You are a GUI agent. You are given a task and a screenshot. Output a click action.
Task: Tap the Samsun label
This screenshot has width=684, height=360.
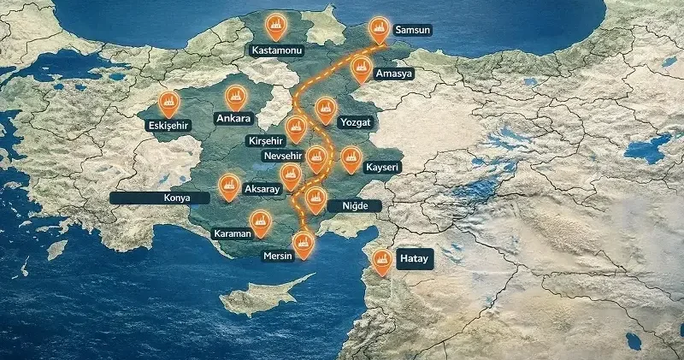(411, 30)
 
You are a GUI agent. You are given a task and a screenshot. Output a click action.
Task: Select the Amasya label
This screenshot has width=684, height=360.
(393, 74)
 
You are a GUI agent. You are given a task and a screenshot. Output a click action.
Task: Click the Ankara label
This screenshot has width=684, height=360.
(233, 118)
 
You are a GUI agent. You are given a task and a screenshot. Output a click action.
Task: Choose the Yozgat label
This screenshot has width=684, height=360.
(355, 122)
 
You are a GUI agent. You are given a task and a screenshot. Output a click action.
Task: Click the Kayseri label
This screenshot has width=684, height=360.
(382, 168)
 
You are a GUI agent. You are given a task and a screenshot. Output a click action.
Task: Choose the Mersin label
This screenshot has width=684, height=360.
(279, 255)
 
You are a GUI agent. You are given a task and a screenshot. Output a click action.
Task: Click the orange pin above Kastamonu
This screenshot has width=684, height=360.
(275, 26)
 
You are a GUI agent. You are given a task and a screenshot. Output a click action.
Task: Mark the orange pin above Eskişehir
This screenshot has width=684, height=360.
(168, 102)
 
